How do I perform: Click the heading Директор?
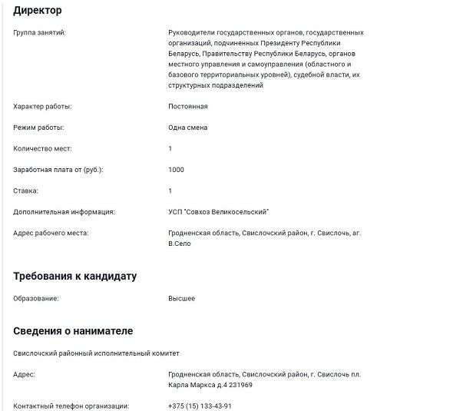point(38,11)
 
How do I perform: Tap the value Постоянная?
point(187,107)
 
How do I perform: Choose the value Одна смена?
point(187,128)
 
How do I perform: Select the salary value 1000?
point(176,169)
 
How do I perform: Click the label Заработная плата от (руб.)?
point(58,169)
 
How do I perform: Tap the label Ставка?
point(26,191)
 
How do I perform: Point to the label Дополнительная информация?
point(64,211)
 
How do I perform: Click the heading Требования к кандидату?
point(75,276)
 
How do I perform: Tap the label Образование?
point(36,298)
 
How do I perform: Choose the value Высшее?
point(181,298)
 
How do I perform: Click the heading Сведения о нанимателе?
point(73,331)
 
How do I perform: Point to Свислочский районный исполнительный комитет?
point(96,353)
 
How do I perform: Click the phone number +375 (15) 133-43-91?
point(200,406)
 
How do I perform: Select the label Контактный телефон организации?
point(71,406)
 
